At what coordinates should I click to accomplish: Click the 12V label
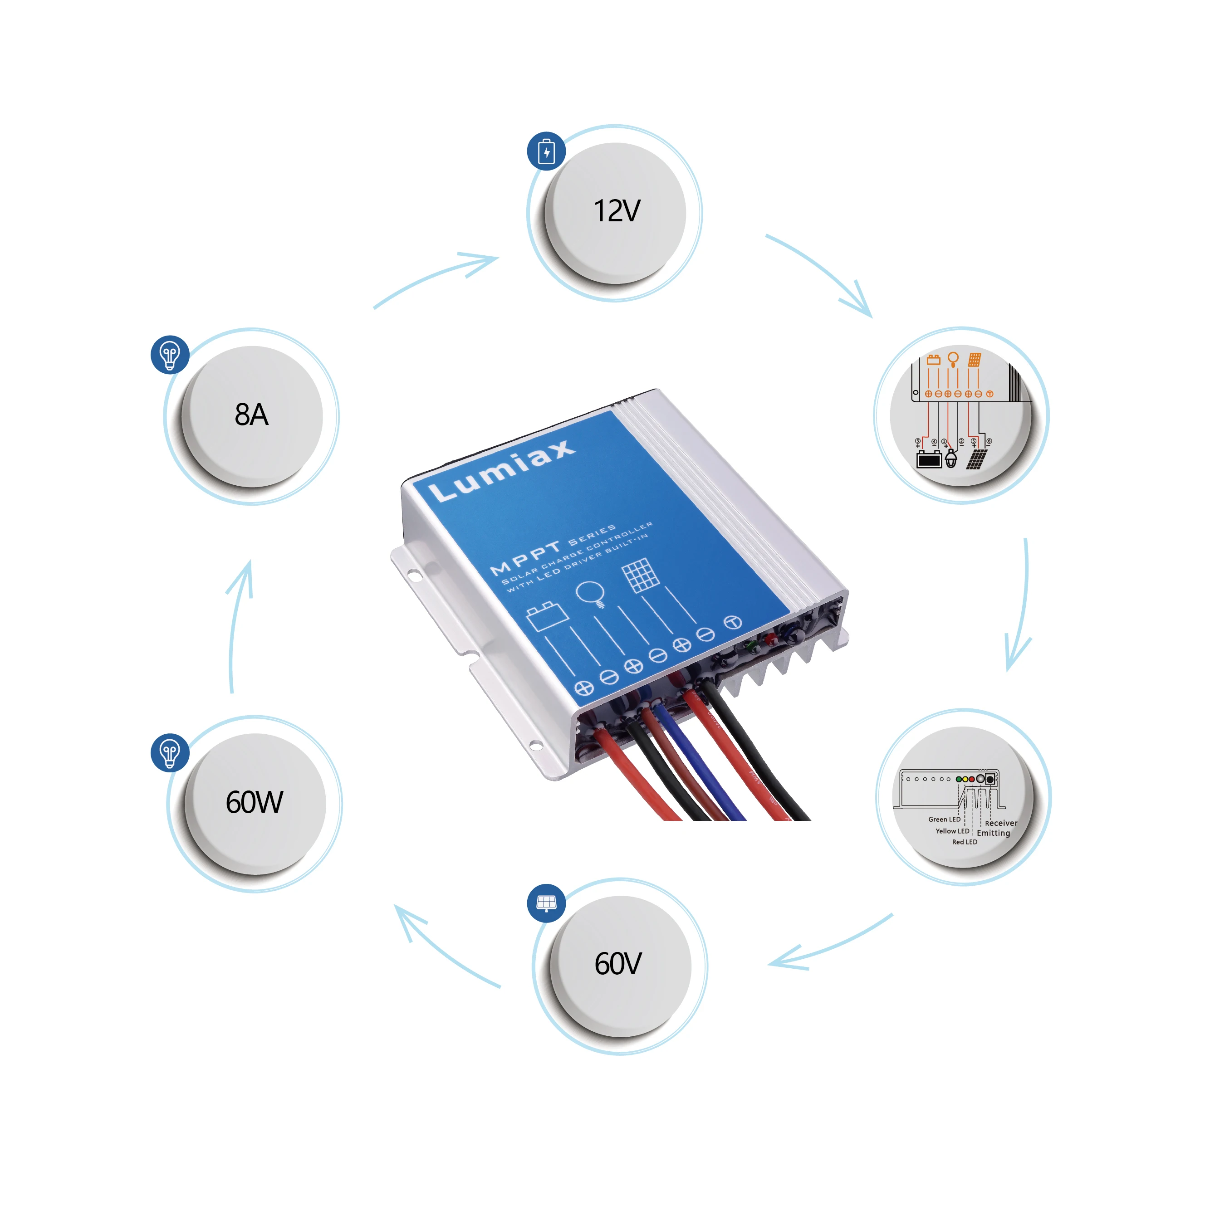click(617, 211)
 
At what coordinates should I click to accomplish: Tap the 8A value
click(251, 415)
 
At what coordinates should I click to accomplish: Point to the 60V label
click(618, 964)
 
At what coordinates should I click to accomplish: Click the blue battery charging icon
click(546, 151)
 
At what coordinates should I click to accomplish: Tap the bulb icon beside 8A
click(169, 355)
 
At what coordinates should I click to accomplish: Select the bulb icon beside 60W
click(169, 752)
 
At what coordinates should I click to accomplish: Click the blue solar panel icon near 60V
click(546, 903)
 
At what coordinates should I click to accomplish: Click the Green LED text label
click(944, 819)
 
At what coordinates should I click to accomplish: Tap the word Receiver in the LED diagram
click(1001, 823)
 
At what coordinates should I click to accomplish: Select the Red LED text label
click(965, 842)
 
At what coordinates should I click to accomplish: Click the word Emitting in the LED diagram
click(993, 833)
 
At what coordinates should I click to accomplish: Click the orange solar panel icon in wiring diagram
click(975, 360)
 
